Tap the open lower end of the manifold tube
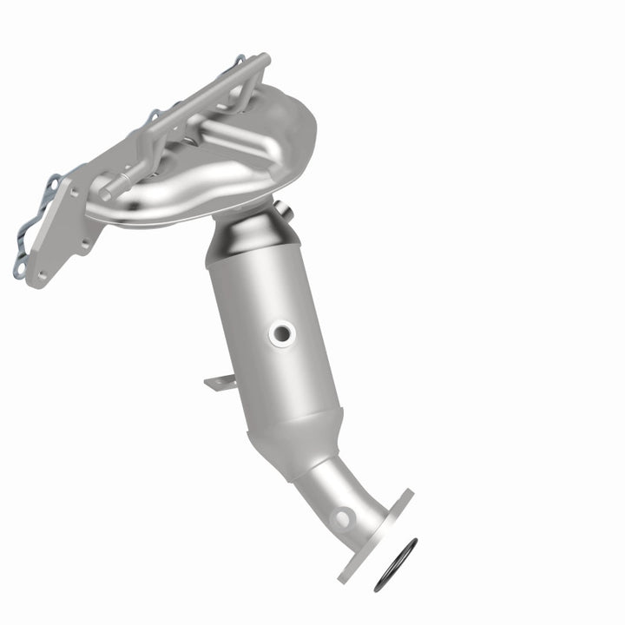pyautogui.click(x=103, y=190)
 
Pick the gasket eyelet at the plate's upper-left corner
pyautogui.click(x=52, y=182)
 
